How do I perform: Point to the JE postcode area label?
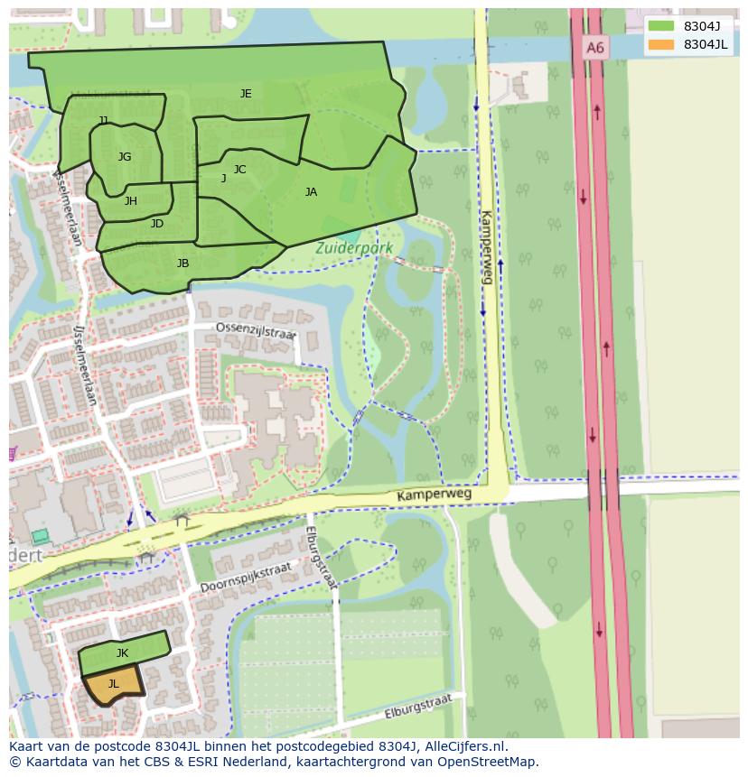tap(246, 94)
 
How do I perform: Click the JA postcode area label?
tap(311, 192)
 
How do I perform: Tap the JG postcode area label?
tap(125, 157)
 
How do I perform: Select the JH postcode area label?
tap(131, 201)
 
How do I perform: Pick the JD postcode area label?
tap(157, 224)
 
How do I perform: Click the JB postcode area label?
tap(182, 264)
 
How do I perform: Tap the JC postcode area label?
tap(239, 170)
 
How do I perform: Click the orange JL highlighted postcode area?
tap(114, 685)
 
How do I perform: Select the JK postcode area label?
tap(122, 653)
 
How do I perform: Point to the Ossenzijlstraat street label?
tap(256, 331)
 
